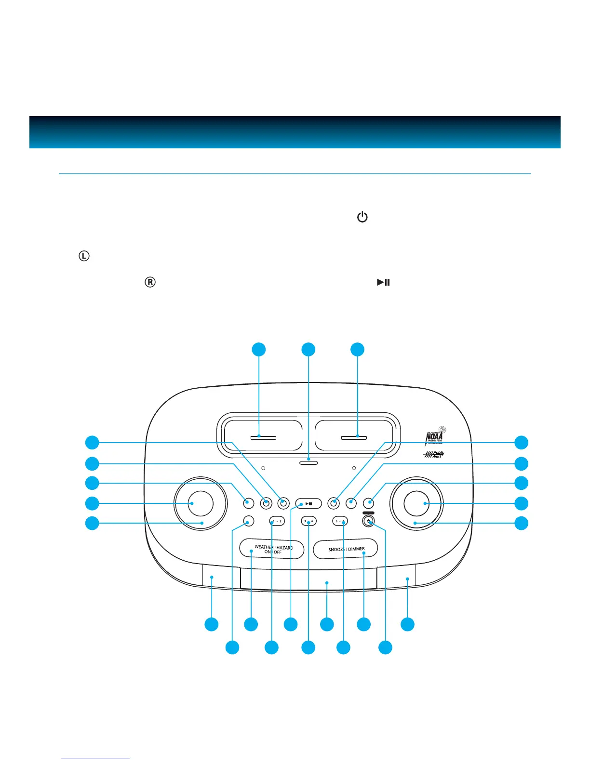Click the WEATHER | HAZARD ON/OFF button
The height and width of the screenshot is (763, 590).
[x=272, y=549]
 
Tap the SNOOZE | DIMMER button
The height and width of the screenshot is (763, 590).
[x=346, y=549]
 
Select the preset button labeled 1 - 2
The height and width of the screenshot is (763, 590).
[x=277, y=521]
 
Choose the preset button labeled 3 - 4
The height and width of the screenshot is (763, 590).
[x=308, y=521]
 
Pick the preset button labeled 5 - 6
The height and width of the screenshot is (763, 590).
[x=340, y=521]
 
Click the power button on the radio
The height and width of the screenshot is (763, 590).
[x=369, y=521]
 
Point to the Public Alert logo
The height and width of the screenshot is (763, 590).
[x=434, y=454]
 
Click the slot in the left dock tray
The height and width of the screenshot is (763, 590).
[x=263, y=437]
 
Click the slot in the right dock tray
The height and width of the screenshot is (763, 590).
[x=354, y=437]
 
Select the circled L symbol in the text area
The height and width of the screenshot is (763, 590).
[x=84, y=256]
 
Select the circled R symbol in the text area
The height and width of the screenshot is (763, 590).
[x=150, y=282]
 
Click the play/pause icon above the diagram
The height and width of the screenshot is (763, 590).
[x=383, y=282]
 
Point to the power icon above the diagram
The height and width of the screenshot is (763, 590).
[x=362, y=217]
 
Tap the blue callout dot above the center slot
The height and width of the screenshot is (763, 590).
[x=308, y=350]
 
